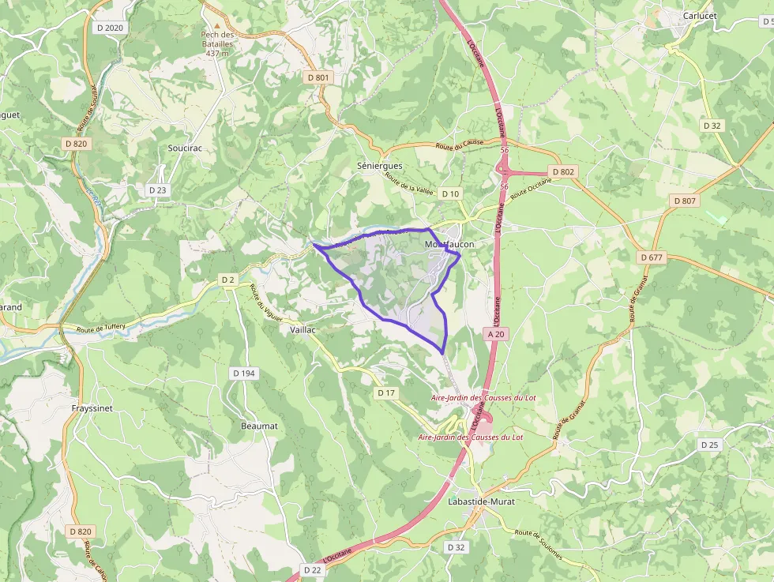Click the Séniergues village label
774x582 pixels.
[x=380, y=166]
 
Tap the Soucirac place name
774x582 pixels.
[x=186, y=148]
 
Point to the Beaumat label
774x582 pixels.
[x=259, y=426]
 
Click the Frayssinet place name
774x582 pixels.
[x=92, y=408]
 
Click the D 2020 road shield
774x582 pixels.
[x=110, y=28]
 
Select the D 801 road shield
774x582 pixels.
[x=317, y=77]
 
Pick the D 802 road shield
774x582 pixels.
[x=564, y=171]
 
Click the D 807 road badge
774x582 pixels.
[x=685, y=201]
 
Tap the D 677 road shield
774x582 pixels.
[x=652, y=257]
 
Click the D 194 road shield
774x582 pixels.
[x=245, y=373]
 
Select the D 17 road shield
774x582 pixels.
[x=385, y=392]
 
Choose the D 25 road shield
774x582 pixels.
[x=710, y=445]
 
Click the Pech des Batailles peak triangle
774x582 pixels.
[x=219, y=25]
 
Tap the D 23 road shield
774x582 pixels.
[x=157, y=190]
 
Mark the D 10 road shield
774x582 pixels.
[x=450, y=193]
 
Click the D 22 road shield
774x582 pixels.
[x=312, y=569]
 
